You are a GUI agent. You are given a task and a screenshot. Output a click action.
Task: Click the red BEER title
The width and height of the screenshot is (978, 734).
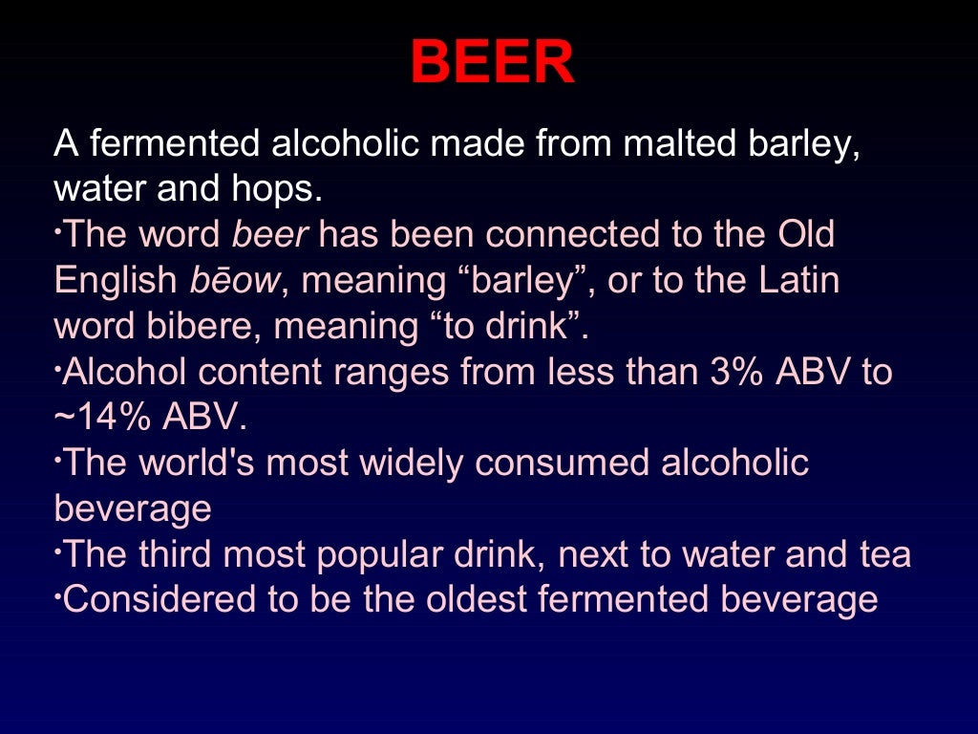pyautogui.click(x=492, y=64)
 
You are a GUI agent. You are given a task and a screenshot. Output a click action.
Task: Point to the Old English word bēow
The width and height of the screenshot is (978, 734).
pyautogui.click(x=236, y=281)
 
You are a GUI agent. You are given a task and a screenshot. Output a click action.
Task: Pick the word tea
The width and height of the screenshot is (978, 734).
pyautogui.click(x=884, y=554)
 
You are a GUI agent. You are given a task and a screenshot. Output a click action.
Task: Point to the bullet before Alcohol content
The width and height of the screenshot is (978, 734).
pyautogui.click(x=57, y=364)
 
